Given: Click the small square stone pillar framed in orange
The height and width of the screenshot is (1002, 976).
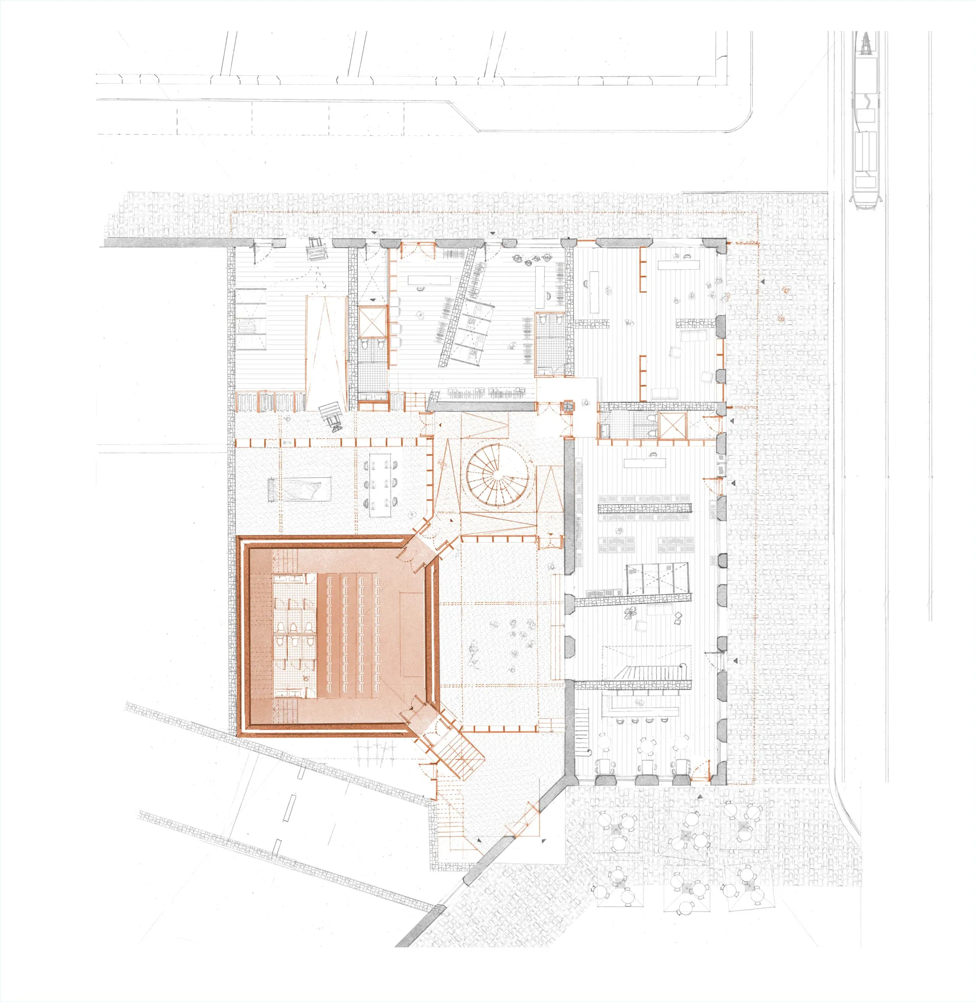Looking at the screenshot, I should click(x=569, y=406).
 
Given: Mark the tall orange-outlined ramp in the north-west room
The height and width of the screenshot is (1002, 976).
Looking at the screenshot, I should click(x=325, y=352).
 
